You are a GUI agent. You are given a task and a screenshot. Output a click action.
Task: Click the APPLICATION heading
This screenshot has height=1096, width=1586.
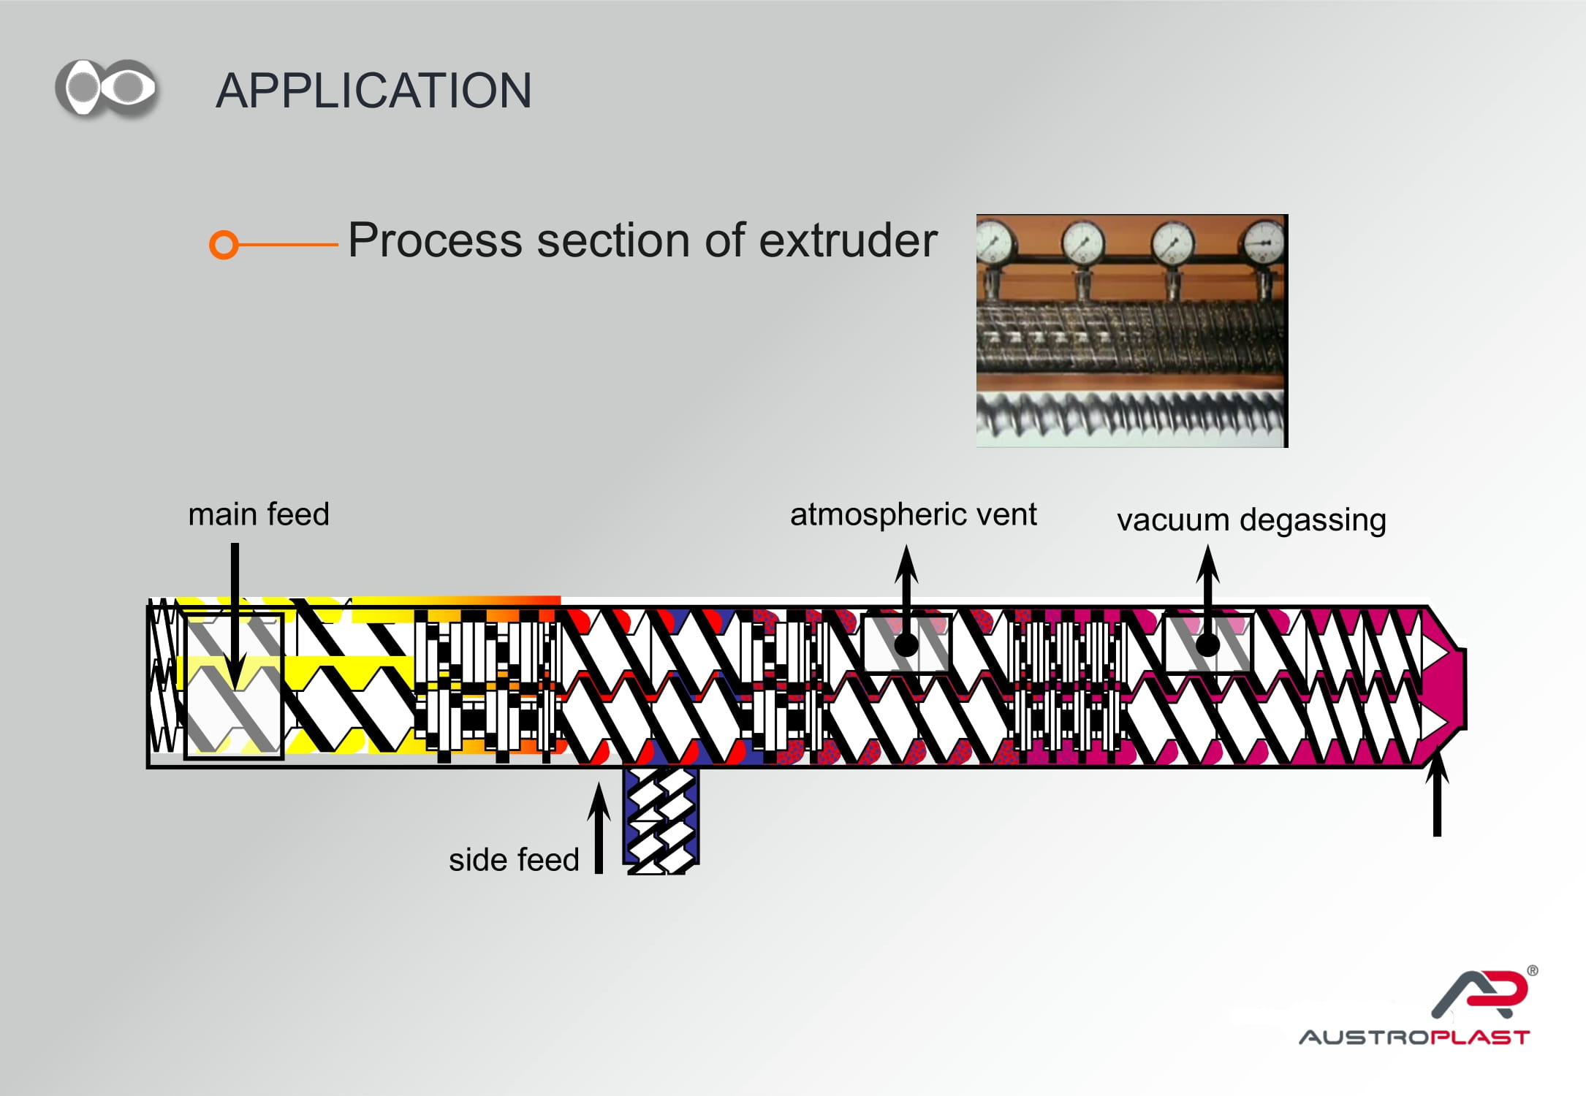[373, 91]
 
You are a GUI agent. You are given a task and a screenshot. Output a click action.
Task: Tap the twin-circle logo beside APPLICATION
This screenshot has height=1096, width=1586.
[107, 88]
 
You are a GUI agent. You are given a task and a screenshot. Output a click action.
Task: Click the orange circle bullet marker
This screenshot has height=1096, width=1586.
[224, 245]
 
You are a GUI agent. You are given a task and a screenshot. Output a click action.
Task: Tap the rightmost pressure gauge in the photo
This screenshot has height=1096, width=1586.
[1264, 242]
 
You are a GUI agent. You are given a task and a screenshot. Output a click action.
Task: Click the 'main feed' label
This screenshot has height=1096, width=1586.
[259, 514]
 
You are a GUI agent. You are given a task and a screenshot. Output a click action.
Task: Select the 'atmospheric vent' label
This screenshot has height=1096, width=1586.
[914, 515]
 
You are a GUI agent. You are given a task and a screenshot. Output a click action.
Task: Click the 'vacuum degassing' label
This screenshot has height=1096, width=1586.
[1251, 520]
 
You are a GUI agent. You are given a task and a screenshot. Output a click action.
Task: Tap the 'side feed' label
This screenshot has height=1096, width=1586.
[514, 860]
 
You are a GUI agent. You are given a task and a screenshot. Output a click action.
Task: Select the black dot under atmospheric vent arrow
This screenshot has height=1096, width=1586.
[906, 645]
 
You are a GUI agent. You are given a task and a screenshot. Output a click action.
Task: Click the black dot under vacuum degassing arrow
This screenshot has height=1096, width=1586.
[1207, 645]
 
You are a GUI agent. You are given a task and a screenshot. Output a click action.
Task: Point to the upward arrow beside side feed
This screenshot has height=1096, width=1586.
[599, 828]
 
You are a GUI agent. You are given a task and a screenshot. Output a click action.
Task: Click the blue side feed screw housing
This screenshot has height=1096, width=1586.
[661, 820]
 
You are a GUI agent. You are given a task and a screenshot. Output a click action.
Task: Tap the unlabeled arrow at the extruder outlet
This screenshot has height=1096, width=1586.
[1437, 793]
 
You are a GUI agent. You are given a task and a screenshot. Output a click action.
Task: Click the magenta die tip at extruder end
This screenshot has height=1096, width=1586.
[1444, 687]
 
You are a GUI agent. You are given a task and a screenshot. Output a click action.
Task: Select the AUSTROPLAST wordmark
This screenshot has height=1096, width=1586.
[1414, 1038]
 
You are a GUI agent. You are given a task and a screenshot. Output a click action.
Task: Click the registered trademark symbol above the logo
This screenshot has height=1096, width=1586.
[1533, 971]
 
